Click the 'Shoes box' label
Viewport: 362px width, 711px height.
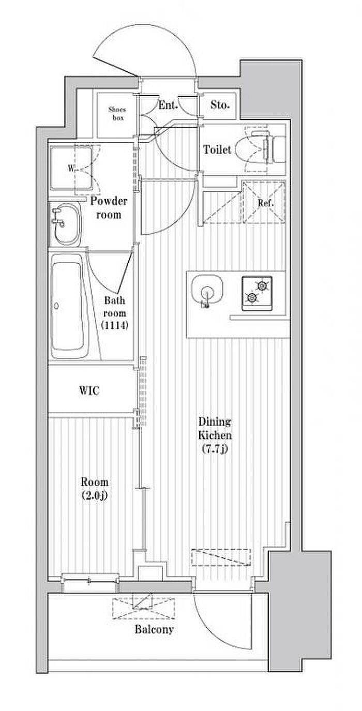117,114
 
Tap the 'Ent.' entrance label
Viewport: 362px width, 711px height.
168,105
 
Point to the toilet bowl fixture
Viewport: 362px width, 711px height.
254,149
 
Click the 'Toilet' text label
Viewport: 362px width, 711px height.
217,149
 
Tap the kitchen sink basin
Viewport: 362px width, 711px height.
207,291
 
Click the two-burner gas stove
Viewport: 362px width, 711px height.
257,294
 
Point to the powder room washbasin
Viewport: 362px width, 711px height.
65,224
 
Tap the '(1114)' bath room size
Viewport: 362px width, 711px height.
115,325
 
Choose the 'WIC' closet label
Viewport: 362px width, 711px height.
89,390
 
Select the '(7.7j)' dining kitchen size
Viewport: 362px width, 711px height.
215,449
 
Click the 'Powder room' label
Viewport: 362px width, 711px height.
109,208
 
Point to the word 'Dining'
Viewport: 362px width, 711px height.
215,422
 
